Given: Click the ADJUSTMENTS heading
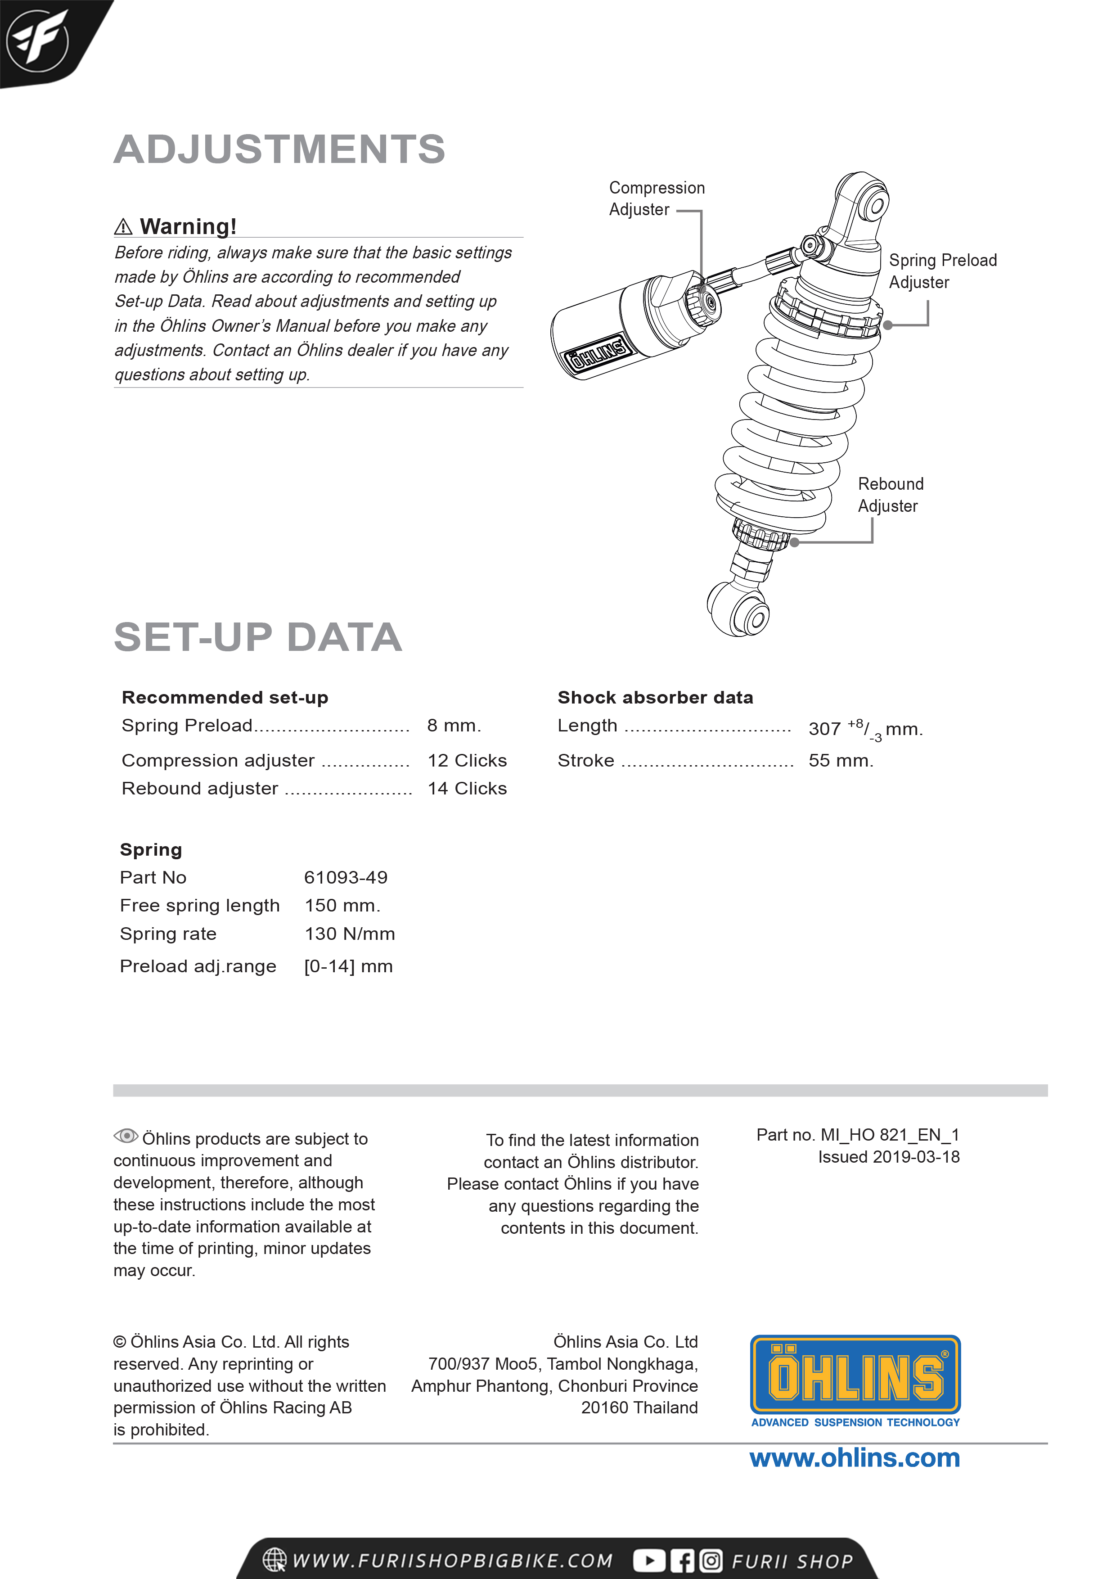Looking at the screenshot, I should pyautogui.click(x=279, y=149).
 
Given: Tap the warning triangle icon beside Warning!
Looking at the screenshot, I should pyautogui.click(x=123, y=226).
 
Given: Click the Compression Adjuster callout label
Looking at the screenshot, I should pyautogui.click(x=657, y=199).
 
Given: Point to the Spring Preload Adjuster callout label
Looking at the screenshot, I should pyautogui.click(x=942, y=271).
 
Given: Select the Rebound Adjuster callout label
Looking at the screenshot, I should pyautogui.click(x=891, y=495).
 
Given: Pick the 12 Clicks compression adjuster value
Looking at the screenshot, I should pyautogui.click(x=467, y=761).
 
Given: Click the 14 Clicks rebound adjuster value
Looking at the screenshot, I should pyautogui.click(x=467, y=788).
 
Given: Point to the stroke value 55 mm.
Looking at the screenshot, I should pyautogui.click(x=840, y=761).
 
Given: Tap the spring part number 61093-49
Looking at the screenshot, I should pyautogui.click(x=346, y=878).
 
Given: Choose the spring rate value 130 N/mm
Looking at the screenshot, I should pyautogui.click(x=349, y=934).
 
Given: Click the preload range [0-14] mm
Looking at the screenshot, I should pyautogui.click(x=348, y=966).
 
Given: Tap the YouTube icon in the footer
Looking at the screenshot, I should pyautogui.click(x=648, y=1561).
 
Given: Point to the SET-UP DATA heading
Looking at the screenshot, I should pyautogui.click(x=258, y=637).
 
